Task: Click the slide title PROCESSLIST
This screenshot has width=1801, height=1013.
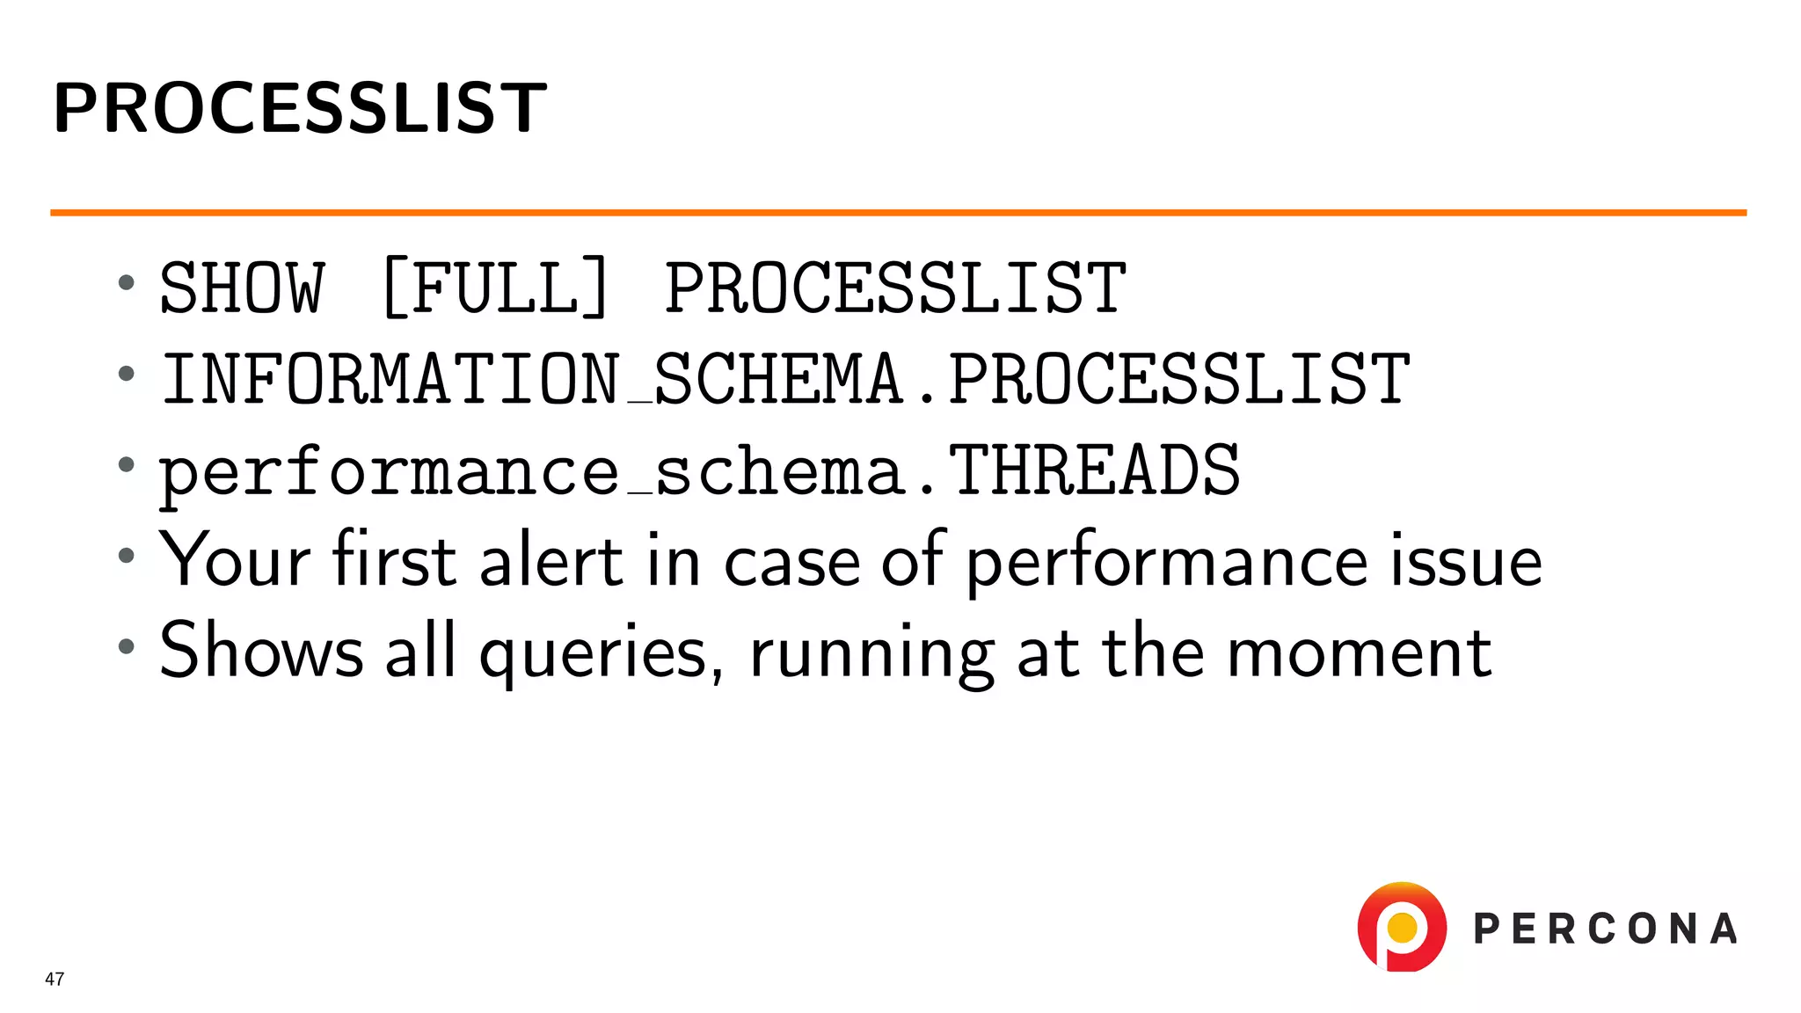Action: [x=300, y=108]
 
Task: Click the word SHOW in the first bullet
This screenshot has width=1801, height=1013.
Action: [x=242, y=288]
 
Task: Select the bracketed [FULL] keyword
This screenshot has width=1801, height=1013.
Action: [x=496, y=288]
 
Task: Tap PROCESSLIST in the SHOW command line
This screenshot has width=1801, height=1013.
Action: [x=894, y=288]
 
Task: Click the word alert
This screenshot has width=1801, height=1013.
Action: [x=551, y=561]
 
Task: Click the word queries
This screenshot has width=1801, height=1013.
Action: [x=593, y=652]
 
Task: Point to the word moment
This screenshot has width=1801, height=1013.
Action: [x=1359, y=652]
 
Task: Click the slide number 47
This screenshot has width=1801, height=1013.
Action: [x=55, y=979]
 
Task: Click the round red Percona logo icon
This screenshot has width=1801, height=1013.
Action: [x=1402, y=928]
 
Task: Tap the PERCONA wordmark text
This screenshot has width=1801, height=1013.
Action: [x=1605, y=929]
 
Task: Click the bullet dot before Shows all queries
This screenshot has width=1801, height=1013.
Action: [x=127, y=646]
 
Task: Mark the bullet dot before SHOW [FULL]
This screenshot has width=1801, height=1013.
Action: [x=127, y=282]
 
